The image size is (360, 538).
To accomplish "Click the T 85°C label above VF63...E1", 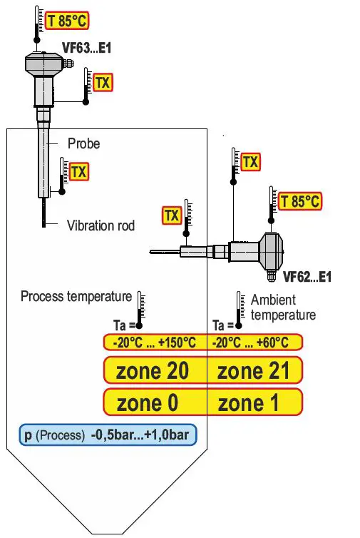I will coord(67,21).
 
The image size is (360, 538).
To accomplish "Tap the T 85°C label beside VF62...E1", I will coord(300,201).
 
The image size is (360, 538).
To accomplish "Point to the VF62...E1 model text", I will coord(307,276).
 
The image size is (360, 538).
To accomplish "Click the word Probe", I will coord(83,143).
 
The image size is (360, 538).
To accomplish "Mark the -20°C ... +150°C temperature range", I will coord(153,342).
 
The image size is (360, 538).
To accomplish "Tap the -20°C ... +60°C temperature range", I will coord(250,342).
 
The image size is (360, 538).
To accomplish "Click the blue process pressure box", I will coord(107,435).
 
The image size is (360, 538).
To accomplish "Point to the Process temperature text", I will coord(76,296).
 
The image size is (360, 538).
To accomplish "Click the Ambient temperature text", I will coord(282,308).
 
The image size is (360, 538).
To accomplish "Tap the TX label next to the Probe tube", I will coord(78,172).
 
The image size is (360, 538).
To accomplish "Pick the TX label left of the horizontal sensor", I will coord(172,215).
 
